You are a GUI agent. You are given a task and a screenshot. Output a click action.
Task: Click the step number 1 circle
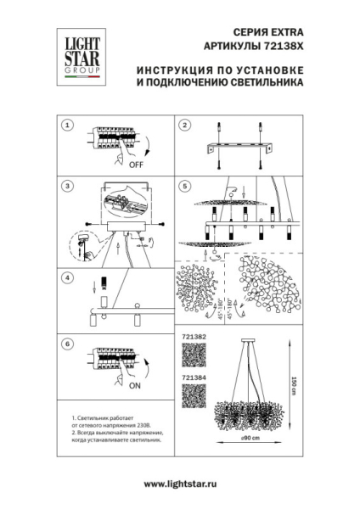[x=67, y=125]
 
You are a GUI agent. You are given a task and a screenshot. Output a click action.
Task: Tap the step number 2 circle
[x=183, y=125]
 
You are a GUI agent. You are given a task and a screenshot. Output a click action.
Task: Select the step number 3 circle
[x=67, y=184]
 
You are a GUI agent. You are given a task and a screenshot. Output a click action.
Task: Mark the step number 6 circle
[x=67, y=344]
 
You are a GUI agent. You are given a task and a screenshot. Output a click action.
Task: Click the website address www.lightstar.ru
[x=180, y=484]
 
